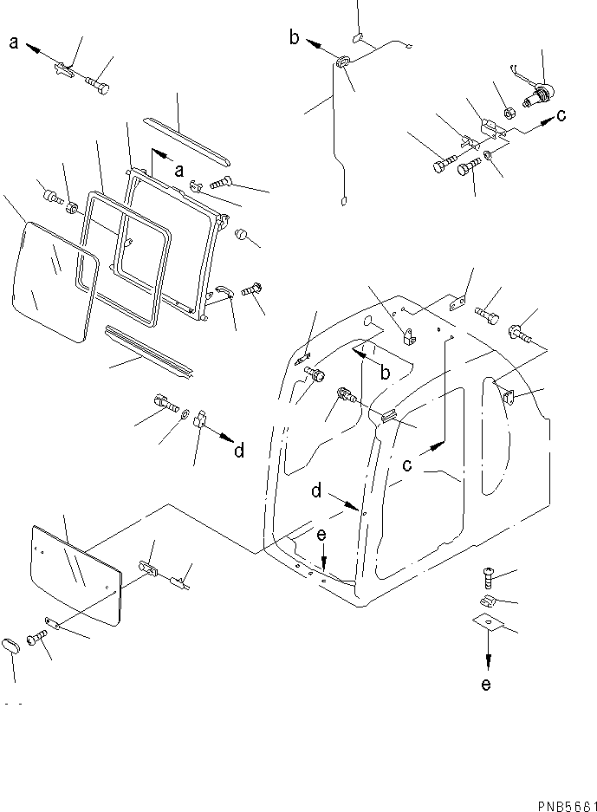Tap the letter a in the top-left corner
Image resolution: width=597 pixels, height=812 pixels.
coord(15,40)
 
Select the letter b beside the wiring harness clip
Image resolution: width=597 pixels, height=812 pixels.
coord(295,36)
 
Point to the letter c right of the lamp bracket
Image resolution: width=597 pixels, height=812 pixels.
coord(562,114)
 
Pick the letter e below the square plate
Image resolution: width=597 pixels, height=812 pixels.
coord(485,685)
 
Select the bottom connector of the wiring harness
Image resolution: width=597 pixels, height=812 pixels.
coord(343,204)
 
